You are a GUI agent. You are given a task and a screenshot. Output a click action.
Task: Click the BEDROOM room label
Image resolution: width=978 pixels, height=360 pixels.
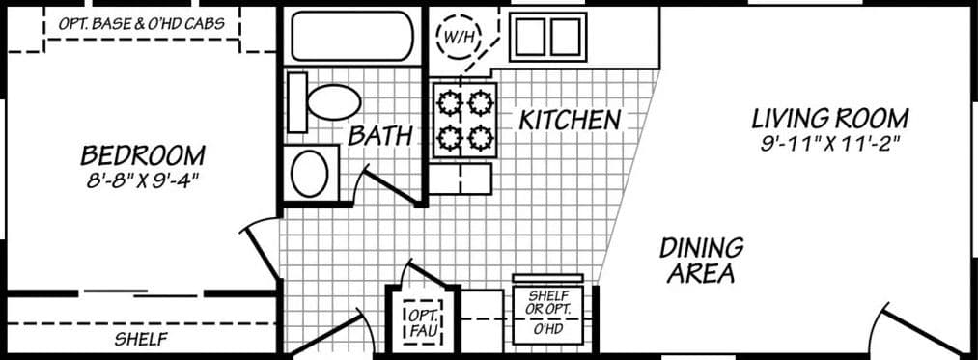142,154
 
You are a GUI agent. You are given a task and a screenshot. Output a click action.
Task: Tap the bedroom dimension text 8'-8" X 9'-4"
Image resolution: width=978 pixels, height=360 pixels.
142,179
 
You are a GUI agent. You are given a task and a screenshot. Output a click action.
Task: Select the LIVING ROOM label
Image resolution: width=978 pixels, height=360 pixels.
829,120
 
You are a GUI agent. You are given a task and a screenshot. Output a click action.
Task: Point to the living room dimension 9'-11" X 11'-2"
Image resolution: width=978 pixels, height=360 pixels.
829,143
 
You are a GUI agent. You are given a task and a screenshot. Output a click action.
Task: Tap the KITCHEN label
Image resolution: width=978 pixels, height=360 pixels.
569,121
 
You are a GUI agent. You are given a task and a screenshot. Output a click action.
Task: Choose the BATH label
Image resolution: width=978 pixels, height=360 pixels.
379,136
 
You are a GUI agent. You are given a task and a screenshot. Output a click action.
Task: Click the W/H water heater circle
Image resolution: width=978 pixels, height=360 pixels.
457,38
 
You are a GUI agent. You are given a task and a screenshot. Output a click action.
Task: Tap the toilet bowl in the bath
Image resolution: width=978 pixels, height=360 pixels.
330,101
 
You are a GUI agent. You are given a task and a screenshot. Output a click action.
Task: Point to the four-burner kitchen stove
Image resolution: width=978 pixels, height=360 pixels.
464,120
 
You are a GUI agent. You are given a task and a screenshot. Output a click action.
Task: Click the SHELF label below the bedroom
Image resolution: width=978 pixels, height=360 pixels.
141,340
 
